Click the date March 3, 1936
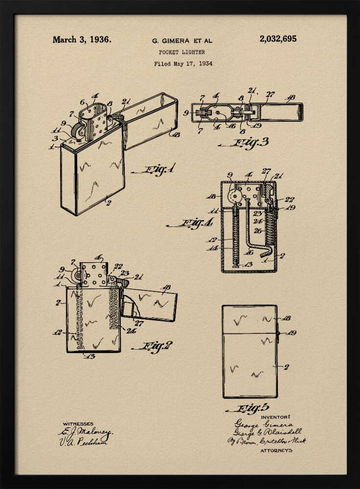(82, 40)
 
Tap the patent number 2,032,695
(278, 39)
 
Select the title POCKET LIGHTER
(182, 52)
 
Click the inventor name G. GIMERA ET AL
(182, 41)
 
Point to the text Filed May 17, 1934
(183, 64)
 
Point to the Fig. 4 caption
(190, 224)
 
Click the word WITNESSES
(78, 423)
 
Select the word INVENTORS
(276, 417)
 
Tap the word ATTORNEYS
(276, 450)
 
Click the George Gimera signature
(264, 424)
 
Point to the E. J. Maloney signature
(86, 432)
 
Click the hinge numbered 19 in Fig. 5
(277, 333)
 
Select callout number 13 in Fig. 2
(89, 356)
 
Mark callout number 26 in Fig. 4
(257, 230)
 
